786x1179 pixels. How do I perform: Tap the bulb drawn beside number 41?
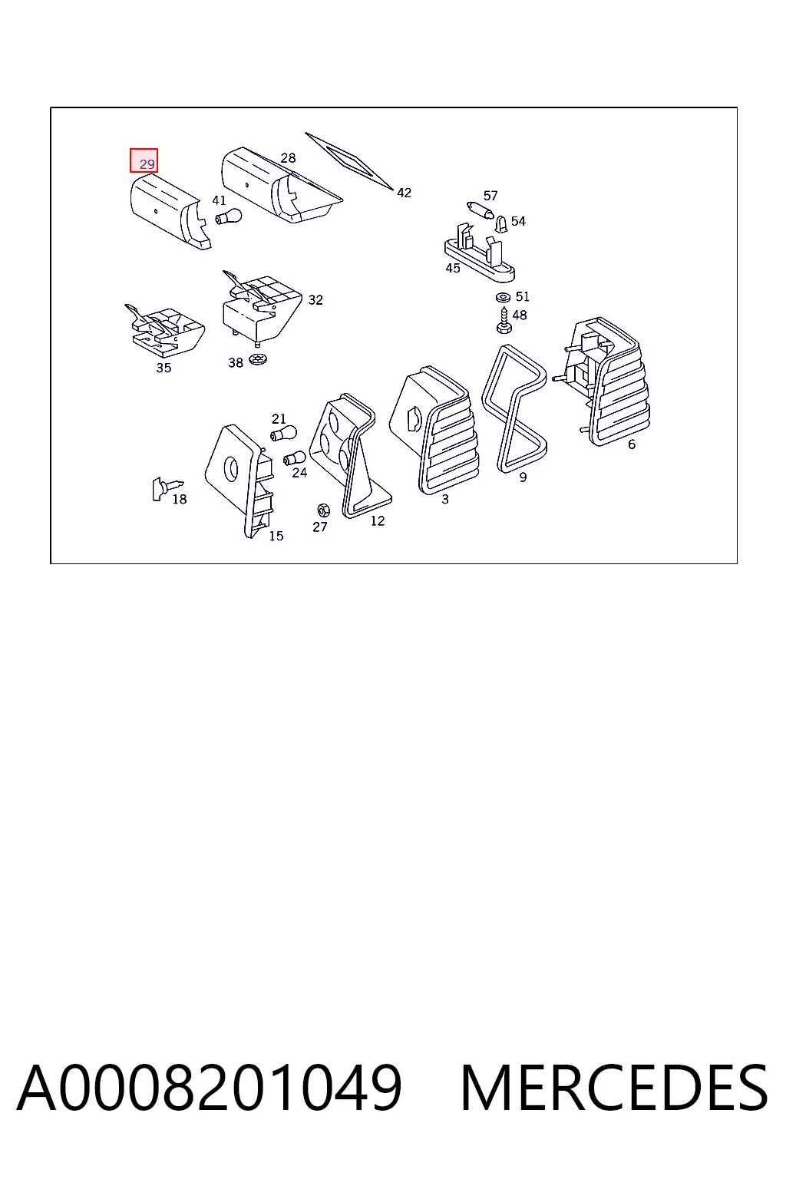click(228, 216)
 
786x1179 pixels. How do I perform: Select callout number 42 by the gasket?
click(404, 193)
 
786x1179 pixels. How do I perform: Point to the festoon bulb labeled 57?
click(481, 210)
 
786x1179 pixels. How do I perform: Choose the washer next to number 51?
click(504, 297)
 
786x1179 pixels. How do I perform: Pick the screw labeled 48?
click(504, 321)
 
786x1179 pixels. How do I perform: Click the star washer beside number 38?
click(258, 360)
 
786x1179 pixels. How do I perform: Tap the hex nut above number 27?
click(323, 510)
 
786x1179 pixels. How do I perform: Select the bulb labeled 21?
click(283, 434)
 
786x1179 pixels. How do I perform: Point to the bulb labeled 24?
click(294, 458)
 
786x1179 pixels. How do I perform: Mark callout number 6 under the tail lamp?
click(631, 444)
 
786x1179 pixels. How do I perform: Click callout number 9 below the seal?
click(523, 477)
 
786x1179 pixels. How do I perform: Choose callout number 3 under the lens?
click(445, 500)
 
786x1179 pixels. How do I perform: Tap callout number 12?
click(378, 521)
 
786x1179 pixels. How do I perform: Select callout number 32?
click(315, 300)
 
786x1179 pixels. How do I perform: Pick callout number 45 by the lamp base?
click(453, 269)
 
